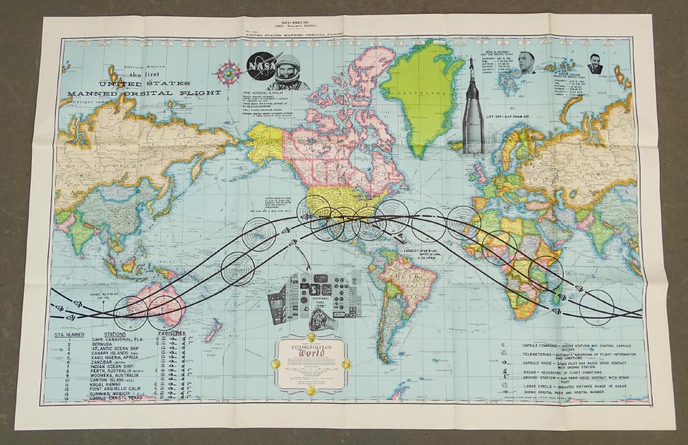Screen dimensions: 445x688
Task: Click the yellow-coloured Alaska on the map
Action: [x=268, y=137]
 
